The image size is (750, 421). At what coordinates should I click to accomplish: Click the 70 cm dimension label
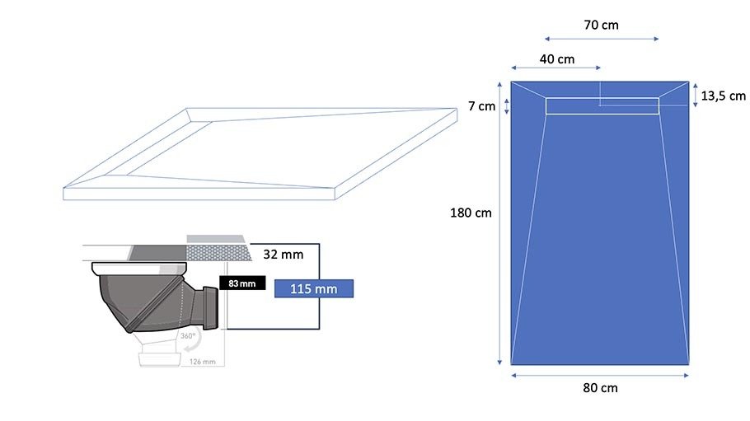(x=602, y=25)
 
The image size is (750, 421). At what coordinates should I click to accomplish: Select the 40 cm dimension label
(x=557, y=59)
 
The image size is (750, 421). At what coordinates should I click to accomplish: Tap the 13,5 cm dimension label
(x=724, y=96)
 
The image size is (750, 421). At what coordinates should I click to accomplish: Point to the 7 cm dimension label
(x=481, y=106)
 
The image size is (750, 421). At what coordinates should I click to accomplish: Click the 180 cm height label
(x=471, y=213)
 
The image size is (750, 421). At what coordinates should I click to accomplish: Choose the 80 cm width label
(x=600, y=388)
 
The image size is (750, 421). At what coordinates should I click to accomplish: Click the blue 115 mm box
(x=314, y=288)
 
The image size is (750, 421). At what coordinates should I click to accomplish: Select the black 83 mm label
(x=242, y=283)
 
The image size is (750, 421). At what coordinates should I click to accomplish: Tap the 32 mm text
(x=284, y=255)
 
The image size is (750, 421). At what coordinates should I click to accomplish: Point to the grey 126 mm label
(x=202, y=362)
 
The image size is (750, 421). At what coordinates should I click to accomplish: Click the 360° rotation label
(x=188, y=336)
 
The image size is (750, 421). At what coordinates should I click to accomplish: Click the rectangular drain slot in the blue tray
(x=602, y=106)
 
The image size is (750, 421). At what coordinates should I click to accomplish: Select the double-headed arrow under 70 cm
(x=602, y=39)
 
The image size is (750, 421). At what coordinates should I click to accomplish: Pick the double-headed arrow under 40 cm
(x=555, y=68)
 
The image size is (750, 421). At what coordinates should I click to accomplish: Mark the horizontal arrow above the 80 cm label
(x=600, y=376)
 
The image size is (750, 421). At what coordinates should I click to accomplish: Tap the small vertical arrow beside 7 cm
(x=507, y=106)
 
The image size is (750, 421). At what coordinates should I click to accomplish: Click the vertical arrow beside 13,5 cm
(x=696, y=95)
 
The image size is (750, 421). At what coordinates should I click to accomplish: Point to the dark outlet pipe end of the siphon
(x=210, y=307)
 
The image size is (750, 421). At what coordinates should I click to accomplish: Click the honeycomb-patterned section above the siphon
(x=218, y=253)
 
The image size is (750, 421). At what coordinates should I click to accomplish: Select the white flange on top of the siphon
(x=138, y=268)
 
